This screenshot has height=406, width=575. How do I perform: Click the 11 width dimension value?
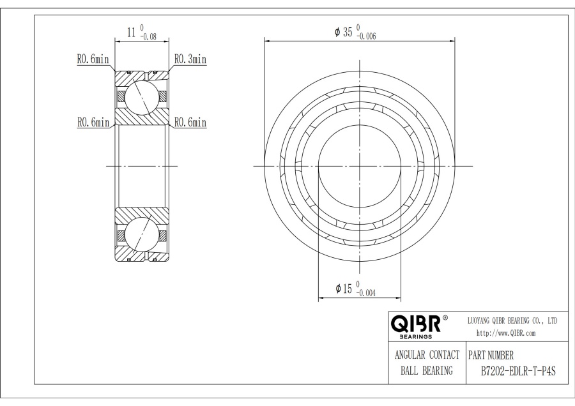click(131, 33)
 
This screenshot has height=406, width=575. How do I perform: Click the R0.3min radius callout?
click(190, 59)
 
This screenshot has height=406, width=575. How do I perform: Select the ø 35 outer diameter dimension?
click(344, 32)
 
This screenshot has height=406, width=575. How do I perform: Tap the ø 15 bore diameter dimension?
click(344, 289)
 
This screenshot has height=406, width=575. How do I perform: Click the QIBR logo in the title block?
click(415, 324)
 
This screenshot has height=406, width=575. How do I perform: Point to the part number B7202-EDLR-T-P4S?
click(518, 371)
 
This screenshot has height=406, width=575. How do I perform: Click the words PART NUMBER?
click(491, 355)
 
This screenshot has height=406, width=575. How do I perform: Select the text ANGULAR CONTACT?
click(427, 355)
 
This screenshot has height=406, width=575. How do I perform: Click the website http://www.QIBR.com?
click(506, 333)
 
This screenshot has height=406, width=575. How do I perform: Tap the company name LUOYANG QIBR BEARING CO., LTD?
click(512, 321)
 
